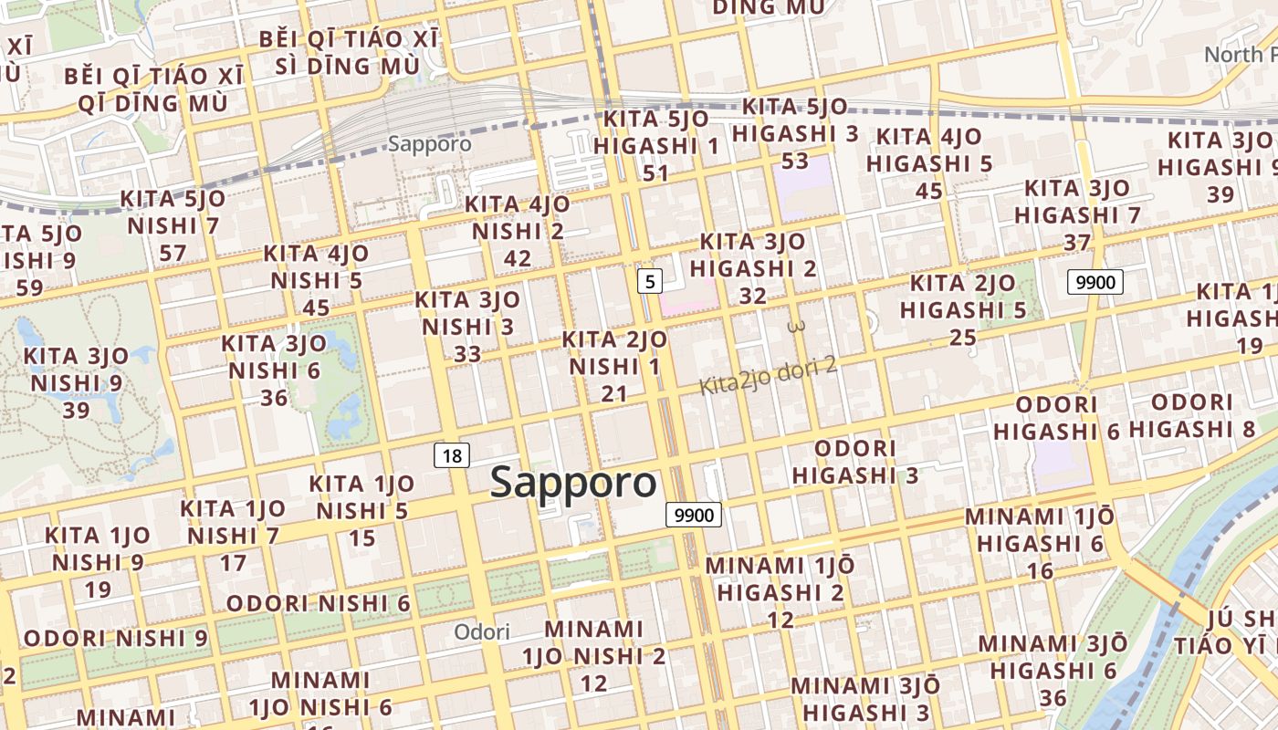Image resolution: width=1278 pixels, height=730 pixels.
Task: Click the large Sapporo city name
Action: (573, 483)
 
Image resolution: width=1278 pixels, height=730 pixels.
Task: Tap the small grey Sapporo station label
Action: (430, 144)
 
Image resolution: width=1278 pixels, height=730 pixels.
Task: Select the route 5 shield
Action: (649, 281)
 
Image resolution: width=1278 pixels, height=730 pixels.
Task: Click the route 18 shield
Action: (452, 455)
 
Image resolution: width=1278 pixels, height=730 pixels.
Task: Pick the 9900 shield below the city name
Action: (694, 516)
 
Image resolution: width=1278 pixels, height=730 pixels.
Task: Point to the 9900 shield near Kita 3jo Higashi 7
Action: (1095, 282)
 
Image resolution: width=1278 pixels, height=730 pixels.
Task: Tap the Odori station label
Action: (482, 631)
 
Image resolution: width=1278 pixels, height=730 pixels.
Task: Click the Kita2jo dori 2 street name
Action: (768, 376)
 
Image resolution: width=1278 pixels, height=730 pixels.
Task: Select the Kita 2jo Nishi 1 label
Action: (614, 366)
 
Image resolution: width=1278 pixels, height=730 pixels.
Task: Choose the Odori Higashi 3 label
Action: (855, 462)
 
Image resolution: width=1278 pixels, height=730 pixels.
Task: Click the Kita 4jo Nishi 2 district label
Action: (518, 231)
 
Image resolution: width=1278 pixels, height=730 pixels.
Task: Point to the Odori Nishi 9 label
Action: (116, 638)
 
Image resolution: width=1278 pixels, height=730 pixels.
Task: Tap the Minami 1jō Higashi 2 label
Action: (780, 592)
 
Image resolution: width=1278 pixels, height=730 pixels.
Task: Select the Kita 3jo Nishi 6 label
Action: (274, 370)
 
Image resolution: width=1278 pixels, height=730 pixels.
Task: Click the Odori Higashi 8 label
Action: (1192, 415)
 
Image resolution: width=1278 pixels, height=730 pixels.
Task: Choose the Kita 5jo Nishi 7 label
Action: (173, 225)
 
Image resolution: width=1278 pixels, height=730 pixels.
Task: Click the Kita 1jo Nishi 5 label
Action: (361, 511)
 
